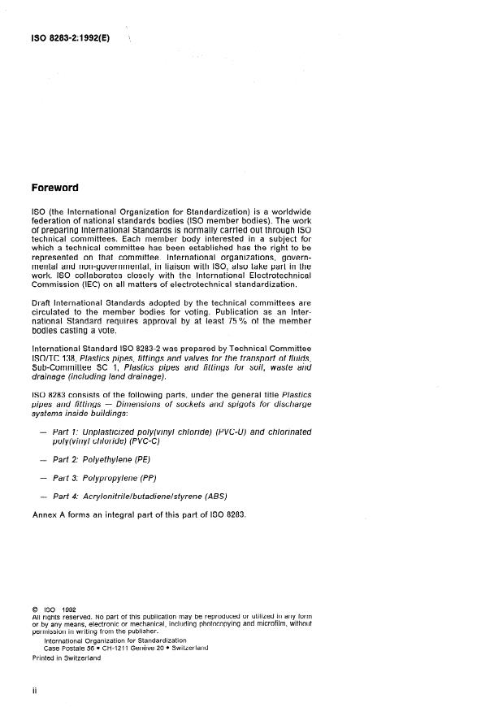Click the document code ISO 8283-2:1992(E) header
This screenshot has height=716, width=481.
click(x=71, y=37)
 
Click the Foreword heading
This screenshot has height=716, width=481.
click(x=54, y=188)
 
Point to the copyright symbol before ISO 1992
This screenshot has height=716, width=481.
click(x=34, y=609)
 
